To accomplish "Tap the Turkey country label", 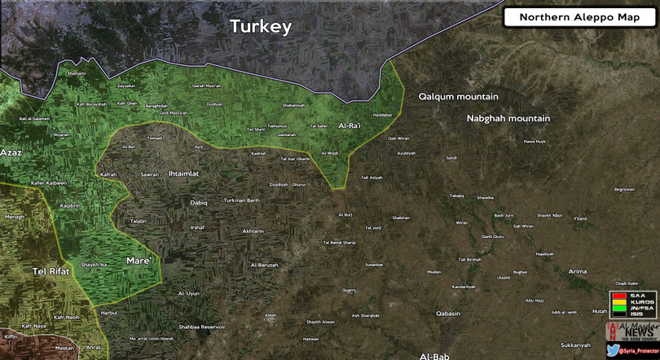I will click(261, 27).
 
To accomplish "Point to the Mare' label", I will click(139, 261).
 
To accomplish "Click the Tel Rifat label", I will click(51, 270).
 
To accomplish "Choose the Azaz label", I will click(11, 152).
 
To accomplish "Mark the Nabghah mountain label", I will click(508, 119).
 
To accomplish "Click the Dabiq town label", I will click(199, 202).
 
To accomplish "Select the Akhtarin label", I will click(253, 231).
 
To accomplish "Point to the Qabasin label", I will click(448, 314).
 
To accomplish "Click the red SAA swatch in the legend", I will click(619, 295).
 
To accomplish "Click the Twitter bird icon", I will click(612, 350).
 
